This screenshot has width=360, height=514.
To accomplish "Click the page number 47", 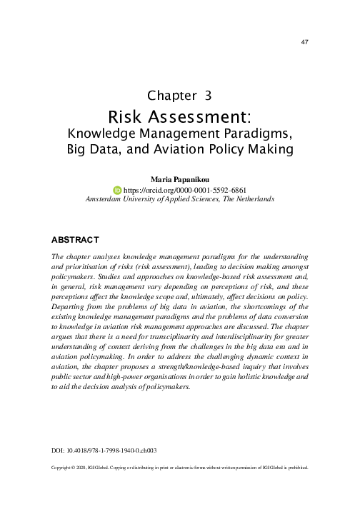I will coord(306,43).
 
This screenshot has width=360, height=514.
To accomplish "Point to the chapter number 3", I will coord(208,94).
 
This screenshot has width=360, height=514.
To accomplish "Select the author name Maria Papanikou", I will coord(180,180).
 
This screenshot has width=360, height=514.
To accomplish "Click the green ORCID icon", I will coord(118,191).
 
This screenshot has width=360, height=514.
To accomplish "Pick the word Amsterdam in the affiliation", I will coord(107,201).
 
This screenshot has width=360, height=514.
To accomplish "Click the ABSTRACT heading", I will coord(75,238).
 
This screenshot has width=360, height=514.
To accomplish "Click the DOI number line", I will coord(105,451).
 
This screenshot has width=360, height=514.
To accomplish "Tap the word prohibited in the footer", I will coord(294,468).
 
